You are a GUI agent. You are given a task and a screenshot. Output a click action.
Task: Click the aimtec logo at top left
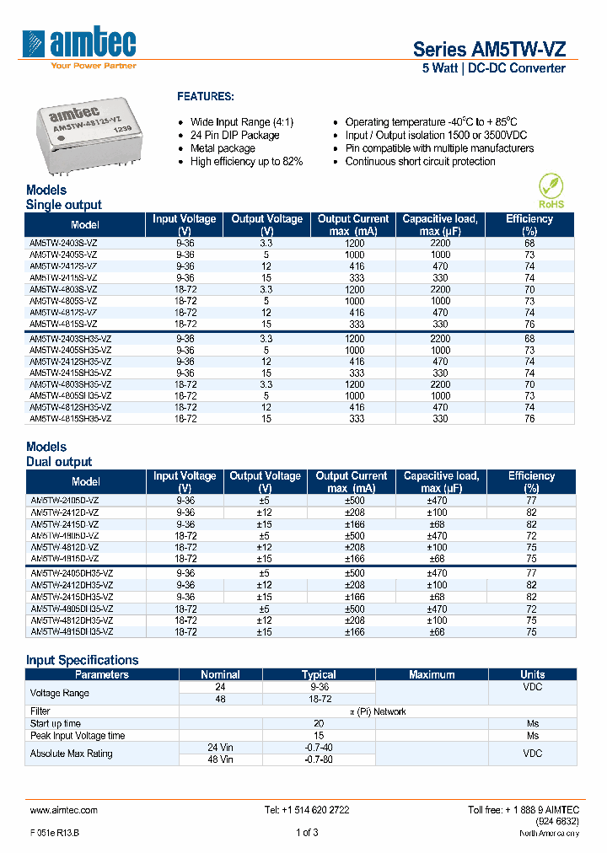[80, 46]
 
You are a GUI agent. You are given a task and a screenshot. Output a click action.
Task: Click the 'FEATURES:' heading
[205, 97]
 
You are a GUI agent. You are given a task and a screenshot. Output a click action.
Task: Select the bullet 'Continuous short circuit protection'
[420, 162]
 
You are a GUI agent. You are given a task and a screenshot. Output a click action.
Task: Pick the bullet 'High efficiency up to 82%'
[246, 162]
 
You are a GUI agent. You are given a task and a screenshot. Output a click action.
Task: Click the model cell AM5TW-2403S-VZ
[63, 243]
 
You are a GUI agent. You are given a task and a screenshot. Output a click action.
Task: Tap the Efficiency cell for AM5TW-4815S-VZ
[529, 324]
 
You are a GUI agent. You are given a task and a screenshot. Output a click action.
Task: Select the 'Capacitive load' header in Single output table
[440, 224]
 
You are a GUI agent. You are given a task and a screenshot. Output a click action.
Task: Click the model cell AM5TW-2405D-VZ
[64, 500]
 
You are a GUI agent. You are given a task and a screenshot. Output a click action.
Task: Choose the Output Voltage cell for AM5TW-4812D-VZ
[265, 547]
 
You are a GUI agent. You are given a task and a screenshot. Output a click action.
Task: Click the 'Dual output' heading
[59, 462]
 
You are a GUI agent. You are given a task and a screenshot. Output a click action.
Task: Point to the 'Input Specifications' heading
[82, 660]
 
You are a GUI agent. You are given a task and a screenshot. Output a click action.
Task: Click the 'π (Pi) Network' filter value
[378, 711]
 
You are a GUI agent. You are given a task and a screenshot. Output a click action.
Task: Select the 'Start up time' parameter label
[56, 723]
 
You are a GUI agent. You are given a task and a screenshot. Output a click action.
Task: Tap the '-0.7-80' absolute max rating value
[318, 759]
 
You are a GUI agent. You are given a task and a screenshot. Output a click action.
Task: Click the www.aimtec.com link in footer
[63, 810]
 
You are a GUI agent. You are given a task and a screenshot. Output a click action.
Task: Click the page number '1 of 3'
[307, 833]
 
